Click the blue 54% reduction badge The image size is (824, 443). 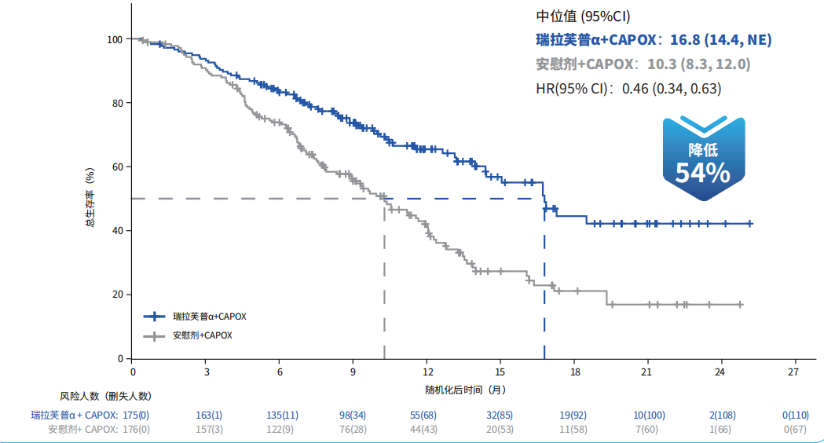(x=704, y=158)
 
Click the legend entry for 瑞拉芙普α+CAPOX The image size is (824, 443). (x=195, y=317)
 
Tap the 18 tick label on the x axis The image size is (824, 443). (x=575, y=372)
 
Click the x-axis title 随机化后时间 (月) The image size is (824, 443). (x=465, y=390)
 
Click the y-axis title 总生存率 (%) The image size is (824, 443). (x=90, y=198)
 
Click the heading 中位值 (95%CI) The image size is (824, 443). (x=583, y=16)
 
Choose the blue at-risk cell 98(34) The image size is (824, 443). (x=353, y=416)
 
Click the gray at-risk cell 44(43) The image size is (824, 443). (x=423, y=430)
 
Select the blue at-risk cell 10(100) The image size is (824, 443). (x=649, y=416)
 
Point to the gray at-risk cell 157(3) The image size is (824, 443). (x=209, y=430)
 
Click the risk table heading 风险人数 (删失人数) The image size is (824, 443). (x=105, y=396)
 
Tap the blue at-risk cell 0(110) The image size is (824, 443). (x=796, y=416)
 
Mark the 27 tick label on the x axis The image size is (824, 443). (x=793, y=372)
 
